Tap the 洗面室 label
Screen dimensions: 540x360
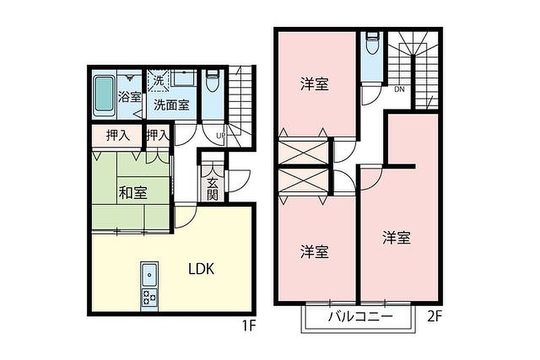point(171,105)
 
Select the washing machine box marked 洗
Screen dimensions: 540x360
point(159,81)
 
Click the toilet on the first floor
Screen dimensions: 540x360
point(213,81)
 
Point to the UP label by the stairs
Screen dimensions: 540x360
point(221,135)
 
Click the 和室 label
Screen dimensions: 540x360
point(133,193)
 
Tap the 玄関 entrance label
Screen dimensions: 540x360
point(213,189)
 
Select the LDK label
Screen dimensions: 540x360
point(201,268)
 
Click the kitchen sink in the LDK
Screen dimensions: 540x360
point(149,275)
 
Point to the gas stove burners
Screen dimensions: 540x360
point(149,297)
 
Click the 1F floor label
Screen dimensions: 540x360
point(248,326)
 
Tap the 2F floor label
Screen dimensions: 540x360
point(435,316)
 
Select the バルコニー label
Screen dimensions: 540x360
point(360,316)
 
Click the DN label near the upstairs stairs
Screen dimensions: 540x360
point(400,90)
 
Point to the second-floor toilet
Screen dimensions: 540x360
point(372,43)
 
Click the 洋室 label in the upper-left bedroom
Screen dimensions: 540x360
point(314,84)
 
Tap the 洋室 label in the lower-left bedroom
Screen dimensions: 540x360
point(314,252)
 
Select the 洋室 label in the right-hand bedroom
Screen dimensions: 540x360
point(397,238)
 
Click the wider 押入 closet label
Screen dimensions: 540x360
point(118,135)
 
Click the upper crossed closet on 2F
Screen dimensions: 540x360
point(303,151)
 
